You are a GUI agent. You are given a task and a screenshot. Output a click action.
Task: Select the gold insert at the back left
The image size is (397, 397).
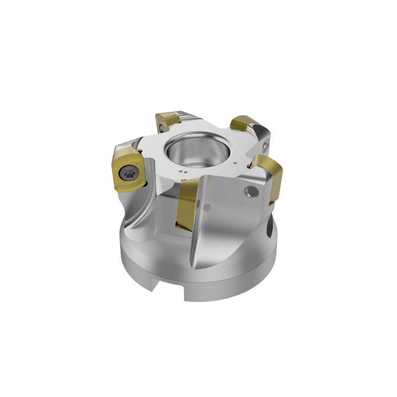(x=167, y=121)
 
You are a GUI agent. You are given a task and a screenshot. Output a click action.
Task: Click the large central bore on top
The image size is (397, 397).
(x=195, y=149)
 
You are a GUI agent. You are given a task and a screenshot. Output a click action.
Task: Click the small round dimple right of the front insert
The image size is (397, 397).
(x=208, y=207)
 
